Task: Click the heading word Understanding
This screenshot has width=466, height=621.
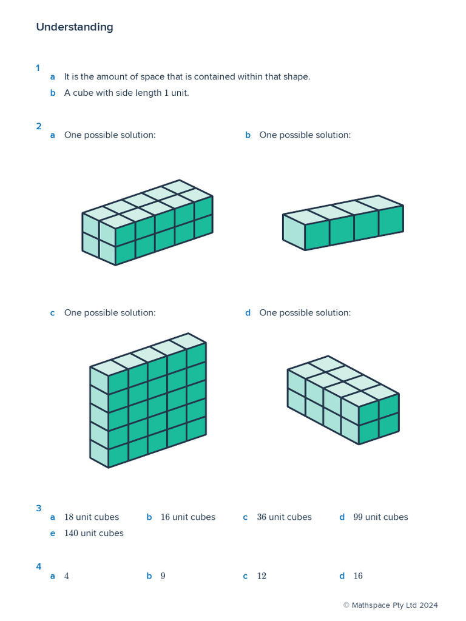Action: pos(74,27)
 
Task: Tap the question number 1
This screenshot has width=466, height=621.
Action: pos(38,68)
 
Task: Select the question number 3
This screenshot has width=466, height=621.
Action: pos(38,508)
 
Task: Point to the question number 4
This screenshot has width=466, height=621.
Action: pos(38,566)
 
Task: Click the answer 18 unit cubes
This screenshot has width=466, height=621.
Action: pos(92,517)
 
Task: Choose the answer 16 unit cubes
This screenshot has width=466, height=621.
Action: pos(188,517)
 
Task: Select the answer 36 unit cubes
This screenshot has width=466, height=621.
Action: pos(284,517)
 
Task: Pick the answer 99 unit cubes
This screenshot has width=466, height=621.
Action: pos(380,517)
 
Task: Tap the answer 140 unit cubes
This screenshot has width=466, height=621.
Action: pos(93,534)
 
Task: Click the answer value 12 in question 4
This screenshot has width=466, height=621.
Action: pos(262,576)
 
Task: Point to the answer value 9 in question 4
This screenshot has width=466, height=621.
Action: pos(163,576)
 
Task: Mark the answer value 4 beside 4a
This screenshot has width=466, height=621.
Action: pos(67,576)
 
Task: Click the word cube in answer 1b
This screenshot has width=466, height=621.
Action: pos(83,93)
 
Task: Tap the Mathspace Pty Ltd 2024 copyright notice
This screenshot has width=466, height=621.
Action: pos(390,605)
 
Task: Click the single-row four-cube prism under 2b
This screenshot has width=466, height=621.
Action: pos(343,223)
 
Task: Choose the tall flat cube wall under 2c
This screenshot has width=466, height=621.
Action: pos(148,400)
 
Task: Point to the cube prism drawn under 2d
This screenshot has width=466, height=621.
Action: pos(343,400)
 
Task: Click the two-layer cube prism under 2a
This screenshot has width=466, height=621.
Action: pos(147,223)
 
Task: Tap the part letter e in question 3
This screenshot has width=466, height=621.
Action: pos(53,534)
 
